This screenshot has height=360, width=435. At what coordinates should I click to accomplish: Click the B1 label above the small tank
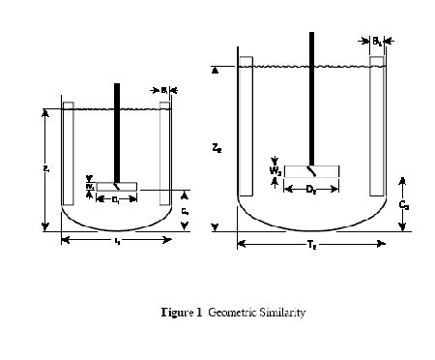(165, 91)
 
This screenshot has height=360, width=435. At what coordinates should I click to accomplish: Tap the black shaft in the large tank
(311, 97)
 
